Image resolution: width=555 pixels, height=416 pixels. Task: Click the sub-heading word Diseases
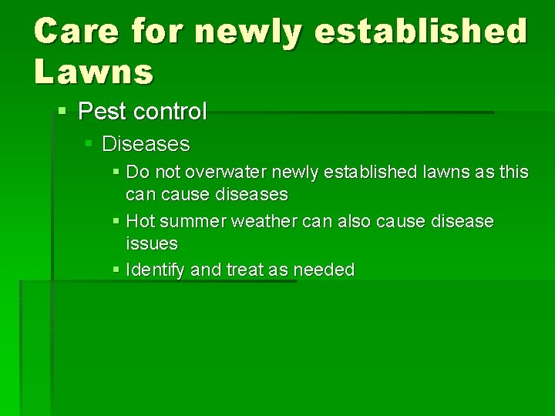(x=146, y=144)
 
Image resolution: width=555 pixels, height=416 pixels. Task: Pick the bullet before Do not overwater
(x=115, y=172)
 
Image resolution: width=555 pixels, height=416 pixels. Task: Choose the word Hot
(x=140, y=222)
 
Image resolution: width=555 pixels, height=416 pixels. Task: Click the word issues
(x=152, y=244)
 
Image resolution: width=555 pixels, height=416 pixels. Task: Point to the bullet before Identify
(x=115, y=270)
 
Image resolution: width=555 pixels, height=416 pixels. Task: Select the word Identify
(x=155, y=270)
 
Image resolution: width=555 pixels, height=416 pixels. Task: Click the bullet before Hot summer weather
(x=115, y=222)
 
